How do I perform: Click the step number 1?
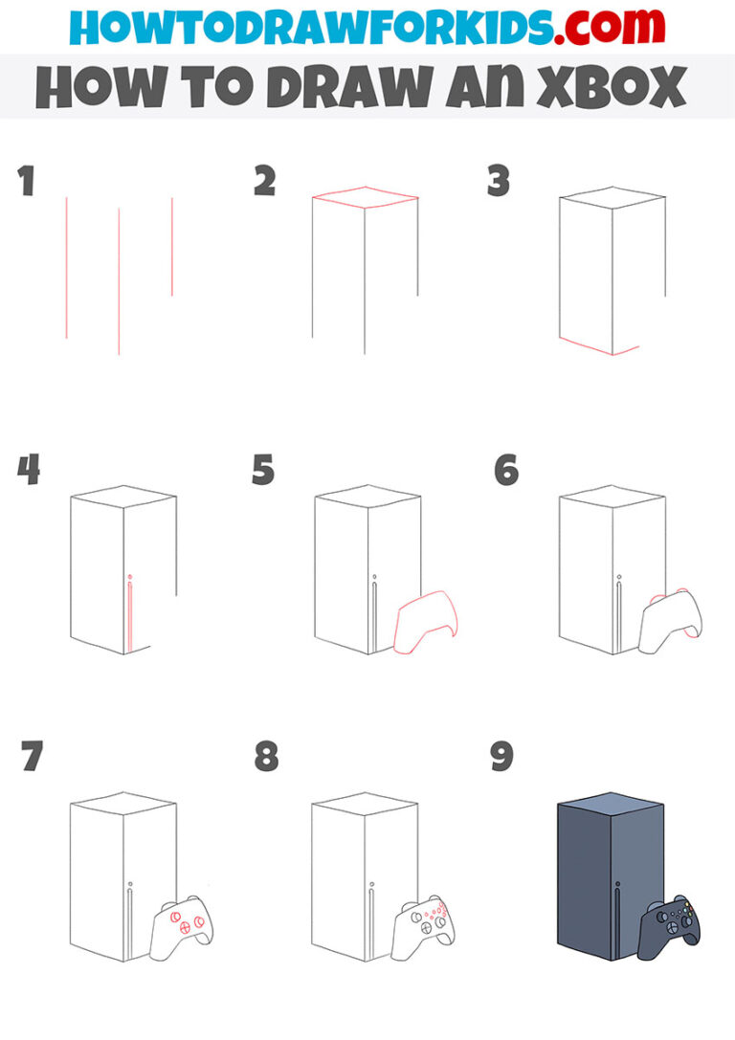tap(27, 181)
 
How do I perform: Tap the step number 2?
tap(265, 181)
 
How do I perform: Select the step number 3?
tap(499, 181)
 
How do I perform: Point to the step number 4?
tap(29, 471)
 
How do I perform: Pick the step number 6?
tap(506, 471)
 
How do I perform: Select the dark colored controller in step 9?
tap(673, 924)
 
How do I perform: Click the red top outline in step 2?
tap(365, 198)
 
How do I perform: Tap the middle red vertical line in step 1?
tap(119, 281)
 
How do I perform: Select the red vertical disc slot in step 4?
tap(129, 617)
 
